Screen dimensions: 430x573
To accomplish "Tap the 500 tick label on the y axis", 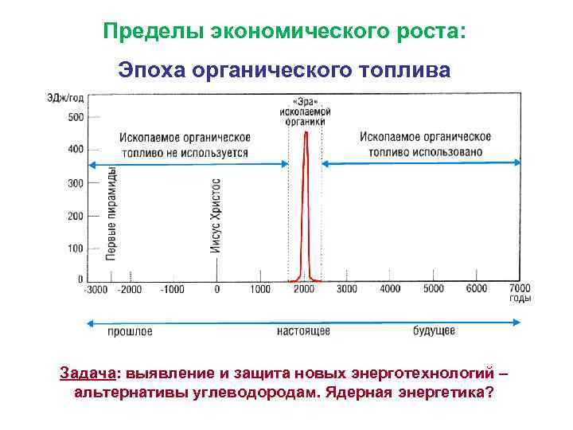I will click(x=74, y=117).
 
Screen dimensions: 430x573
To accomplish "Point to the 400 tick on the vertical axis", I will click(x=74, y=150).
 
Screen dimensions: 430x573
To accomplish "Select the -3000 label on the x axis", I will click(x=96, y=289).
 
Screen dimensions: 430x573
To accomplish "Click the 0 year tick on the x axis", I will click(x=216, y=289).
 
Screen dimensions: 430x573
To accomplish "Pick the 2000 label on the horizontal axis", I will click(x=304, y=289).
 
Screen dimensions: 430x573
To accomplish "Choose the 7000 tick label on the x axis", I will click(x=519, y=288).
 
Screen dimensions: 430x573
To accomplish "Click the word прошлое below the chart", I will click(x=130, y=330).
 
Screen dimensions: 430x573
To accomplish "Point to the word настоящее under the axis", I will click(x=304, y=330).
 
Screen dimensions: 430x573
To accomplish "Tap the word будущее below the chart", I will click(x=435, y=330).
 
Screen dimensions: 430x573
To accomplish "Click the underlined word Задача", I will click(x=88, y=374).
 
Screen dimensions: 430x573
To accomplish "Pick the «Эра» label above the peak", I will click(x=305, y=102).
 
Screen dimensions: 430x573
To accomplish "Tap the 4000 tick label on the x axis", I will click(x=390, y=288).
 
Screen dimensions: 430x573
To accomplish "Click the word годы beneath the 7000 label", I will click(x=520, y=299).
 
